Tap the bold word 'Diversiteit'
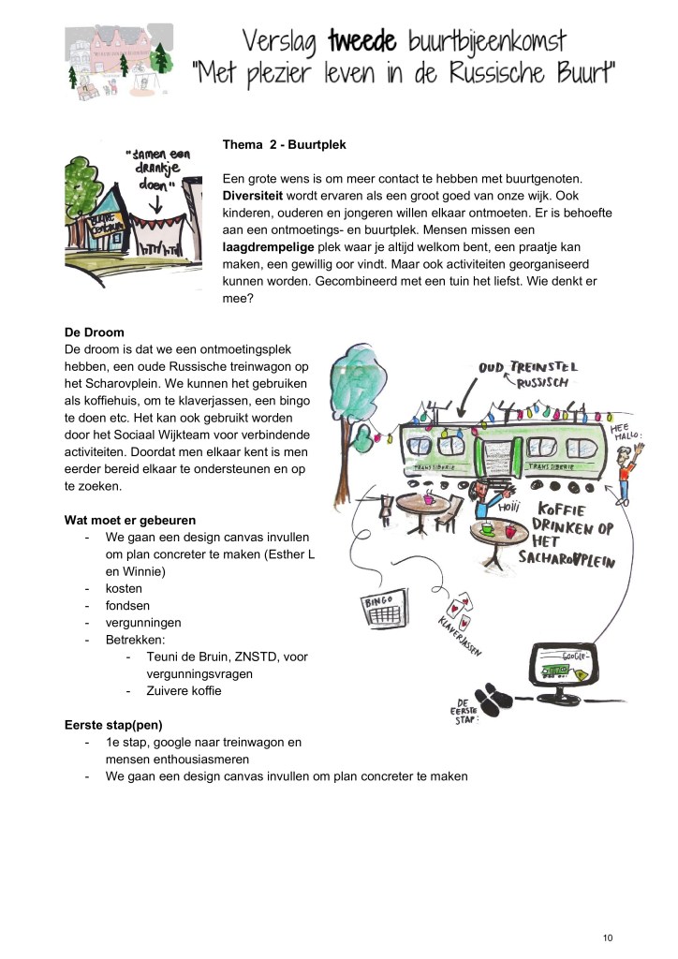tap(258, 196)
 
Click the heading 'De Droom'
tap(94, 332)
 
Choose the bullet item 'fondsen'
tap(130, 606)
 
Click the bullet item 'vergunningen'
tap(143, 623)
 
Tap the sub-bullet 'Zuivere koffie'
tap(185, 691)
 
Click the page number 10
tap(608, 937)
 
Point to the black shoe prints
tap(494, 698)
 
